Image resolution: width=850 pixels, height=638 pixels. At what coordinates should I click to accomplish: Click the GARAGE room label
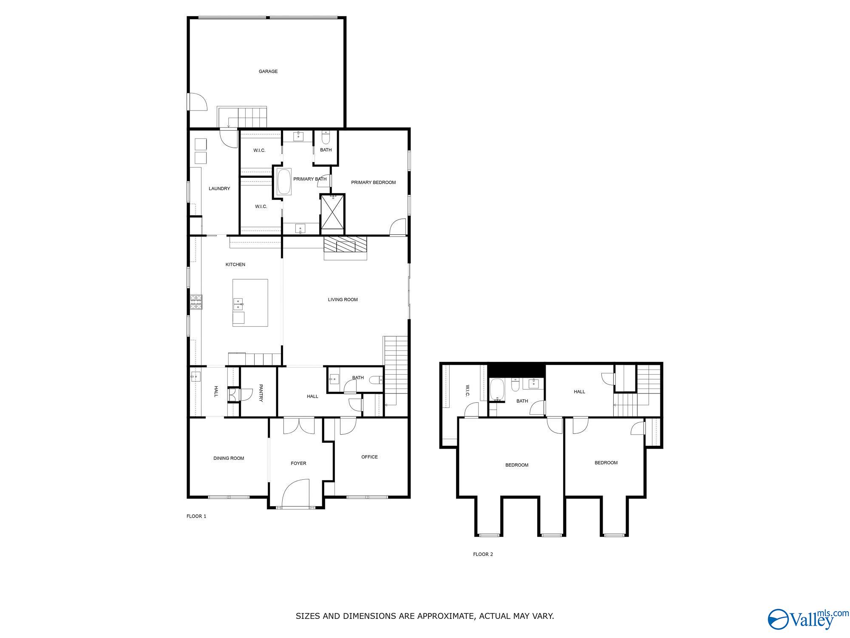click(268, 71)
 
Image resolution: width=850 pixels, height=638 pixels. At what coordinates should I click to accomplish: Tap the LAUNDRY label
click(219, 188)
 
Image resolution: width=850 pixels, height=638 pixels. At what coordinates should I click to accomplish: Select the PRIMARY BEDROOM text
click(373, 182)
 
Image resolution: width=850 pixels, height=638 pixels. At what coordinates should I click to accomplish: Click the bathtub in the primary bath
click(284, 182)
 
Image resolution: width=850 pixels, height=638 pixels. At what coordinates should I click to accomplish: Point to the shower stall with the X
click(333, 212)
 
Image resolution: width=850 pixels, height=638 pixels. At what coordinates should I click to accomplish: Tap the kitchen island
click(250, 302)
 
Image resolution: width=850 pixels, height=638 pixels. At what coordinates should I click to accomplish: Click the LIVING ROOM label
click(343, 299)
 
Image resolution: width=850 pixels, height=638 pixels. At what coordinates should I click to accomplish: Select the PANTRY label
click(261, 393)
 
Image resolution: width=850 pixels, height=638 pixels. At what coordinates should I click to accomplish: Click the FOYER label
click(298, 463)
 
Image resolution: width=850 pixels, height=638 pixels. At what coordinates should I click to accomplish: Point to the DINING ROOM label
click(229, 458)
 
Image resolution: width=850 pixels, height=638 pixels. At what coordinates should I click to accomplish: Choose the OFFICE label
click(369, 457)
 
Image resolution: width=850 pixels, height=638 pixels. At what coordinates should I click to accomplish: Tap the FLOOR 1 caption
click(196, 516)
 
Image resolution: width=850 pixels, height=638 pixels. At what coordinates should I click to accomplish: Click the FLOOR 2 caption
click(483, 554)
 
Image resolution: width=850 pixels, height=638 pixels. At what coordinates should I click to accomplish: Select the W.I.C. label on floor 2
click(467, 391)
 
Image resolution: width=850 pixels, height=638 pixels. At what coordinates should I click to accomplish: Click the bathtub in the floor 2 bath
click(497, 390)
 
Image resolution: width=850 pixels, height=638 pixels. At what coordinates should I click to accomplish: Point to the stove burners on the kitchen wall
click(196, 302)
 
